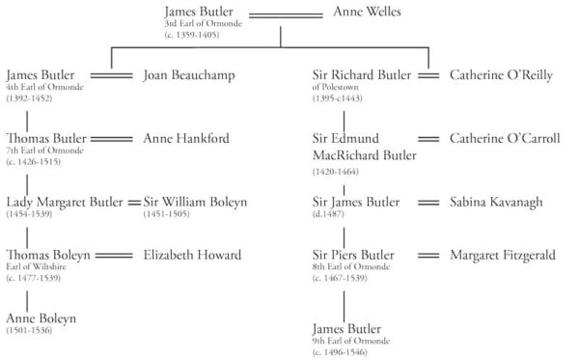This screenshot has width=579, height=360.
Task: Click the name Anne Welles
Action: click(367, 12)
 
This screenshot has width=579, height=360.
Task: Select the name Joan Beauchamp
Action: click(189, 74)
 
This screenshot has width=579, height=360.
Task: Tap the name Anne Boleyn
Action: click(41, 318)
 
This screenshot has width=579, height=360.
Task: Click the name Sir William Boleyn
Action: click(195, 202)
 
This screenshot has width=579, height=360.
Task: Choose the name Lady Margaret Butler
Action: click(65, 202)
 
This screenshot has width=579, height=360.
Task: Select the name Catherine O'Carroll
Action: click(505, 138)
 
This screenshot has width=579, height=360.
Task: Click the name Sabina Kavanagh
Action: click(499, 202)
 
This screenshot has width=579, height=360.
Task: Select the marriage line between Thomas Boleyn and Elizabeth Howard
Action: click(114, 256)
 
